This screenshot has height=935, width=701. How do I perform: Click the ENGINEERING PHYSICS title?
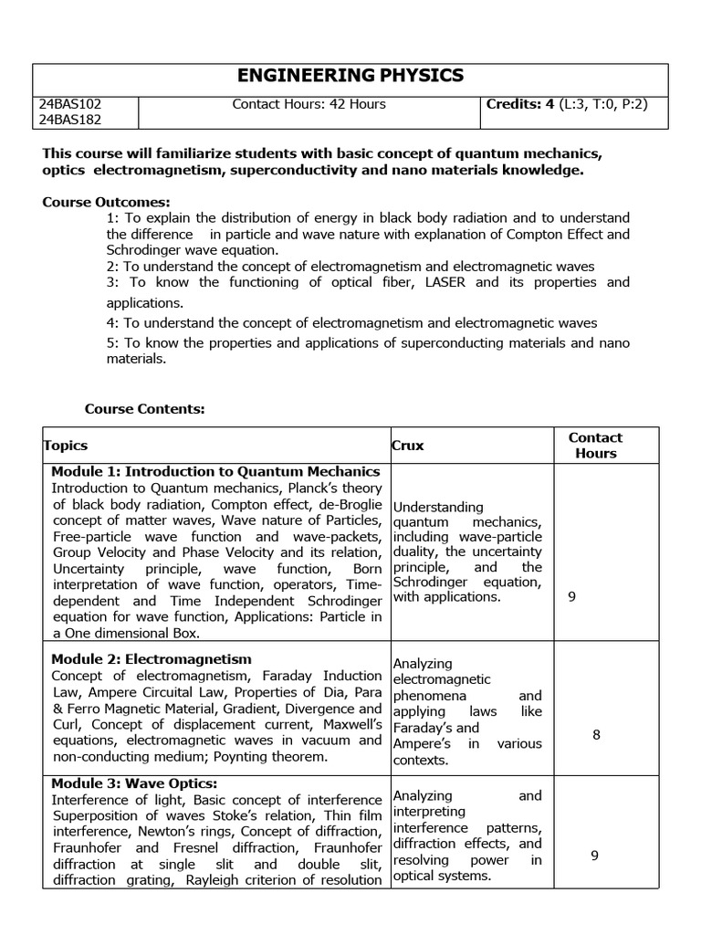[351, 77]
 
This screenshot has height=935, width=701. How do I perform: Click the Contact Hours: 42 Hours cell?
[309, 104]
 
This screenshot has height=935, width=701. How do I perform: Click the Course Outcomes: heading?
[107, 202]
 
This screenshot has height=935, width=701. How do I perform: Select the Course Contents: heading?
[145, 409]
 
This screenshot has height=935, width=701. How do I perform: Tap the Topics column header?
[66, 446]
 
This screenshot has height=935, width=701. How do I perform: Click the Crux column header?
[408, 446]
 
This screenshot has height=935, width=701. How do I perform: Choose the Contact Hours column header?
[596, 446]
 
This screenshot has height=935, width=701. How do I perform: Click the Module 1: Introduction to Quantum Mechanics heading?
[215, 472]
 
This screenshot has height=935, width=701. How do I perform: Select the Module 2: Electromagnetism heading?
[152, 658]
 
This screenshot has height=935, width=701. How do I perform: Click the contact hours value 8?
[596, 733]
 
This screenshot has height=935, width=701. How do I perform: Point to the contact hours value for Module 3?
[594, 856]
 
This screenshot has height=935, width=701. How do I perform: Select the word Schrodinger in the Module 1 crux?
[428, 583]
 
